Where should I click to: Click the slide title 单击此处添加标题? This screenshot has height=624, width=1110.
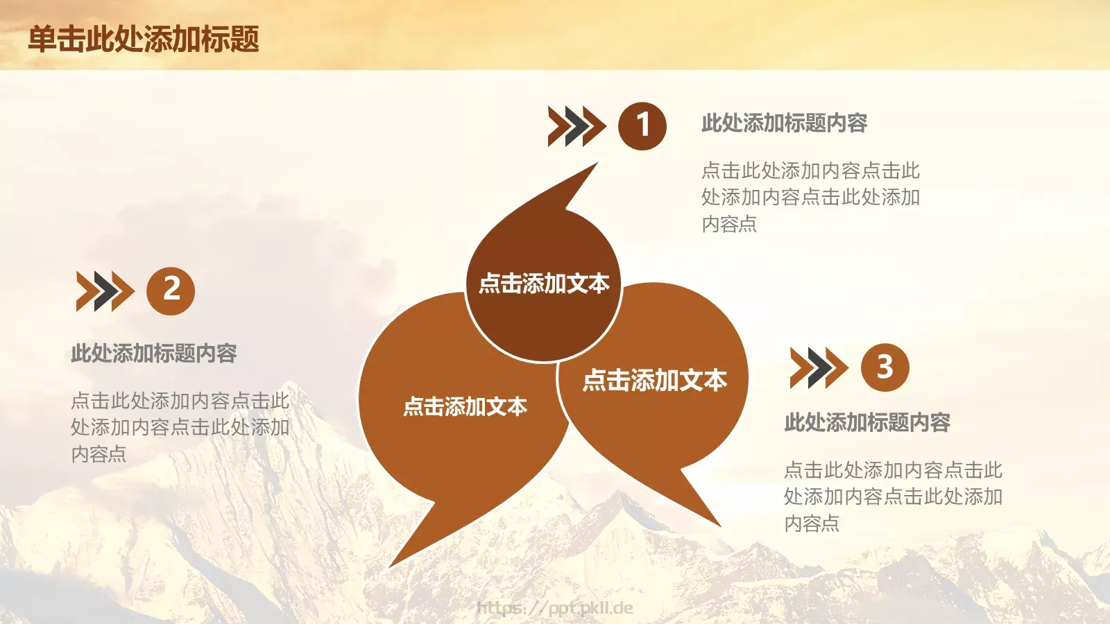click(x=144, y=40)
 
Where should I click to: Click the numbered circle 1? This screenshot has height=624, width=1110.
click(x=642, y=126)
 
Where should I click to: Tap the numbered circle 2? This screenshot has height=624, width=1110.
click(x=171, y=291)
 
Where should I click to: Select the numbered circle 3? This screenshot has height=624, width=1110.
click(x=885, y=367)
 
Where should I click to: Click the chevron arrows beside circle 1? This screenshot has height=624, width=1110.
click(x=576, y=126)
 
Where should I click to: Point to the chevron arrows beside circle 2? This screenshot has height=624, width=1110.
click(x=104, y=291)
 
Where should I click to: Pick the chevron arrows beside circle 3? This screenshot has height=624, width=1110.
click(x=819, y=367)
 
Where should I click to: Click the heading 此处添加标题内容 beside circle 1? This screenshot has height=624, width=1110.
click(x=784, y=123)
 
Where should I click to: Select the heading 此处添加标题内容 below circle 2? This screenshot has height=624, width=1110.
click(x=154, y=354)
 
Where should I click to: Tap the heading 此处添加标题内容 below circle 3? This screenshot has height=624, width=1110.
click(x=867, y=422)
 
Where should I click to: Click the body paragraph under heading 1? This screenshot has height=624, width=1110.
click(x=810, y=197)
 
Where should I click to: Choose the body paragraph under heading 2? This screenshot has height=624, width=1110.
click(x=180, y=427)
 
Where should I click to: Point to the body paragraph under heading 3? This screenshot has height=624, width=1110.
click(x=893, y=496)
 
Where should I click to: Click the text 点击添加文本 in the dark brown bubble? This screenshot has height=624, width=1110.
click(x=544, y=284)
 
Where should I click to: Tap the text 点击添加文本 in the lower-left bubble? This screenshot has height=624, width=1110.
click(x=465, y=406)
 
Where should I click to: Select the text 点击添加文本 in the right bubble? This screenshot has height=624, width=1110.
click(x=655, y=380)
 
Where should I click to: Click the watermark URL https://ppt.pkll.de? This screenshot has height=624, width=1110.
click(x=555, y=608)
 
